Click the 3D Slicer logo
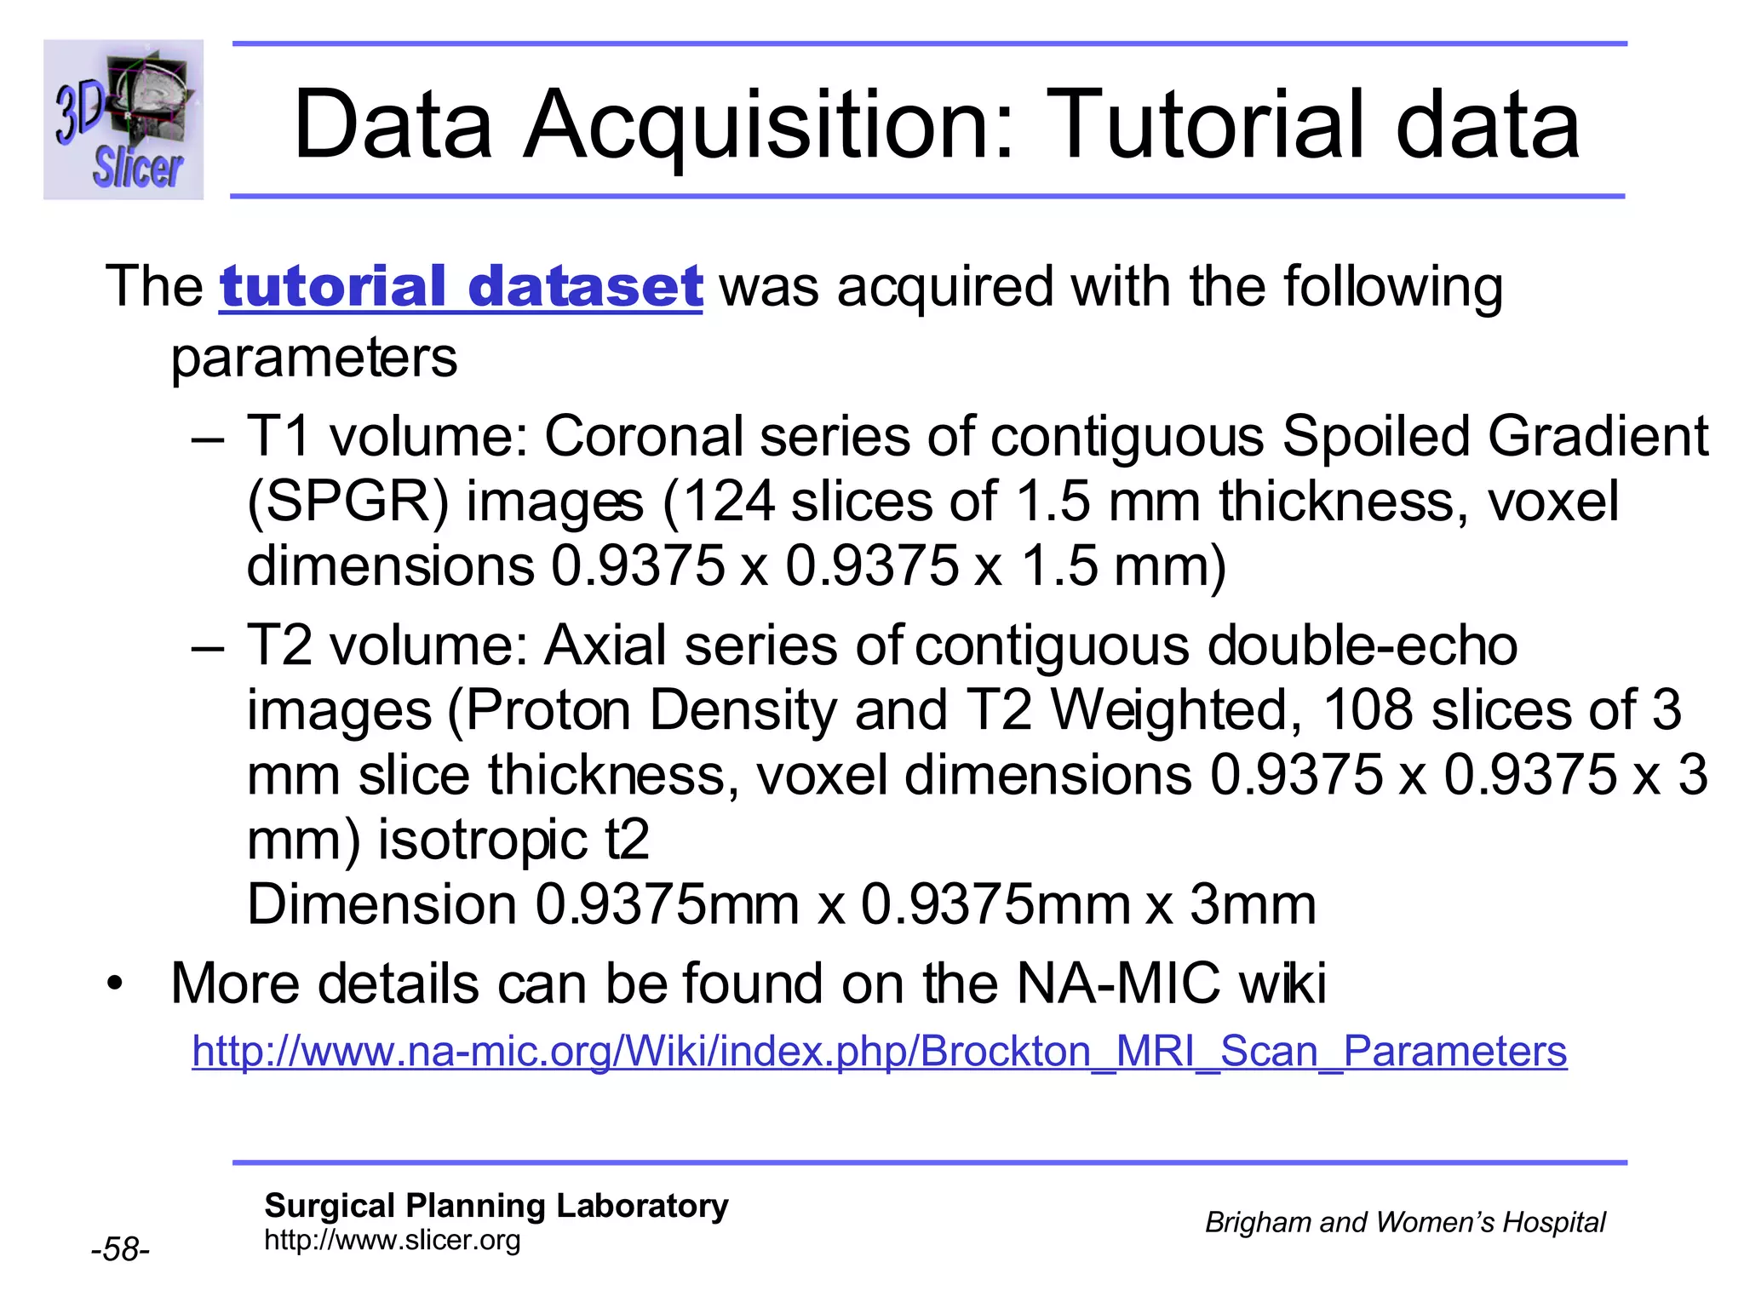pos(123,120)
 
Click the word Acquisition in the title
pos(767,126)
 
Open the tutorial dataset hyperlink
pos(461,287)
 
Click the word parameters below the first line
pos(313,358)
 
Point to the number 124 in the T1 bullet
pos(728,502)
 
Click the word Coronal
pos(644,437)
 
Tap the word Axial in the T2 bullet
pos(605,645)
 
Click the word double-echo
pos(1362,645)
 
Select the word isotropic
pos(482,840)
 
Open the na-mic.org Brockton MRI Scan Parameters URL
pos(879,1052)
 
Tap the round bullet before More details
pos(115,985)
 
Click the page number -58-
pos(120,1249)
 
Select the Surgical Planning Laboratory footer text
pos(496,1206)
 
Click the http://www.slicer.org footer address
pos(393,1240)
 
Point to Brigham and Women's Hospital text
pos(1404,1223)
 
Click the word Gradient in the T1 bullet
pos(1598,437)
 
